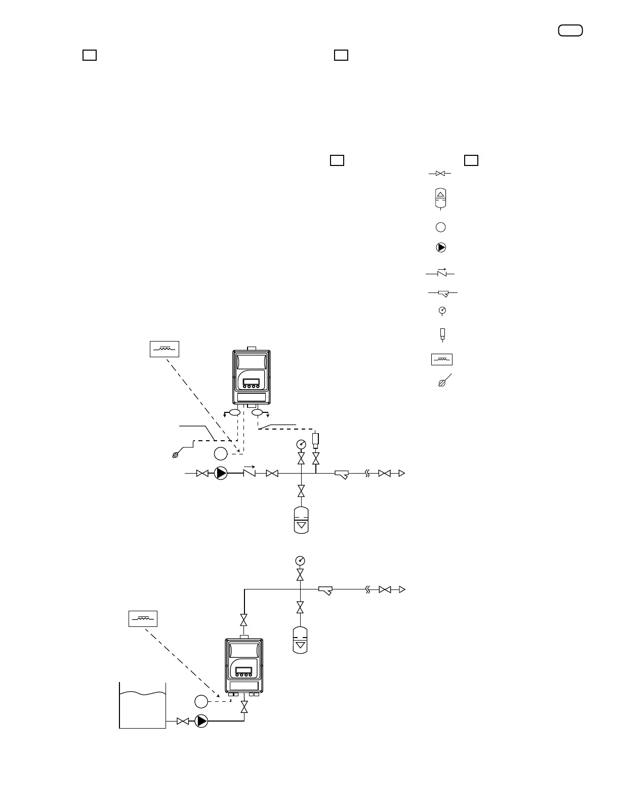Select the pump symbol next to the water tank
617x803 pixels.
click(x=201, y=721)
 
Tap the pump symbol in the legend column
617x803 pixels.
click(x=441, y=247)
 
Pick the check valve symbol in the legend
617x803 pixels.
click(x=441, y=273)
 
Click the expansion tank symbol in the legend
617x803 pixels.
click(x=440, y=198)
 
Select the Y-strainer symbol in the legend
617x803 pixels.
click(x=442, y=293)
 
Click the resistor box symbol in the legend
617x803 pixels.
click(x=441, y=359)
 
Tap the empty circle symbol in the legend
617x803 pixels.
click(x=440, y=227)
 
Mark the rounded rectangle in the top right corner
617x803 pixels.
click(x=570, y=30)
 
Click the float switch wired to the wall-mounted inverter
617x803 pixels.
click(x=176, y=454)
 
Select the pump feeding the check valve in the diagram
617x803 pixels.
click(x=221, y=473)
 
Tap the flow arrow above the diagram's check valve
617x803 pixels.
click(x=248, y=466)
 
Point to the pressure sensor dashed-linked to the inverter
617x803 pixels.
click(x=316, y=439)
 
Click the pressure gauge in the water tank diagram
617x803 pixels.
click(x=300, y=561)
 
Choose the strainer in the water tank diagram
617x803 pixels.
click(x=325, y=590)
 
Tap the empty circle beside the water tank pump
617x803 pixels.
click(x=201, y=701)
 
